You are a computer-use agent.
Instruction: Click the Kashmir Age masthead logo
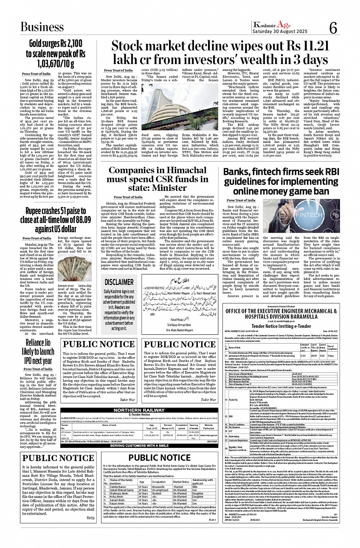coord(276,25)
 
